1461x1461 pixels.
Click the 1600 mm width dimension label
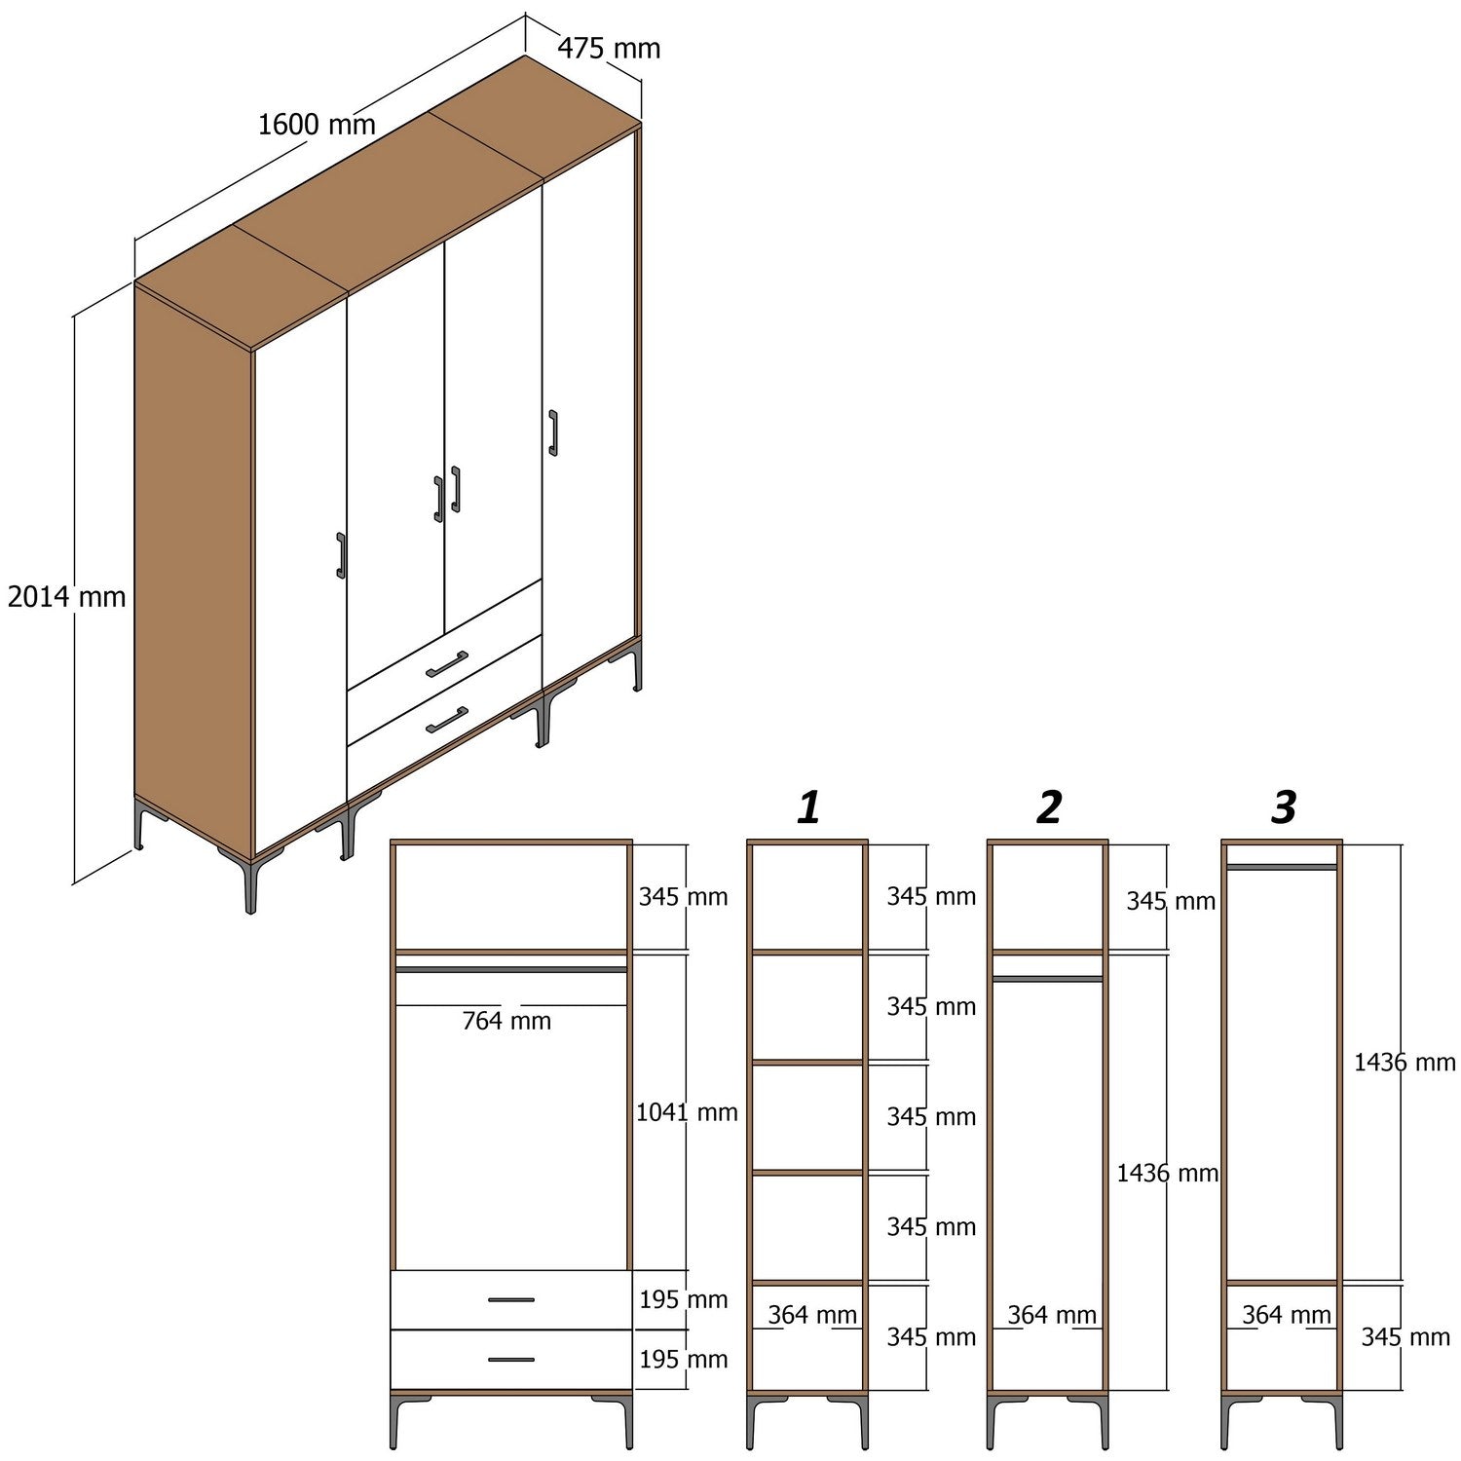pyautogui.click(x=317, y=125)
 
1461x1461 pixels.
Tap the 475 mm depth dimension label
pyautogui.click(x=609, y=48)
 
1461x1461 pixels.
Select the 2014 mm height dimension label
pyautogui.click(x=66, y=596)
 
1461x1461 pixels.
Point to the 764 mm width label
pyautogui.click(x=506, y=1021)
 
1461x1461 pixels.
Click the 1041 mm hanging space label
pyautogui.click(x=687, y=1112)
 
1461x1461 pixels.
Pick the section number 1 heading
pyautogui.click(x=808, y=807)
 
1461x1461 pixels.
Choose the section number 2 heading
pyautogui.click(x=1049, y=807)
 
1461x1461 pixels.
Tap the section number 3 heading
pyautogui.click(x=1284, y=807)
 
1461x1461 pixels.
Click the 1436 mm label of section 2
pyautogui.click(x=1167, y=1173)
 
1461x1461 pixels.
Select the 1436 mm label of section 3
pyautogui.click(x=1404, y=1062)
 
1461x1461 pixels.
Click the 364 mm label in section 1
pyautogui.click(x=811, y=1315)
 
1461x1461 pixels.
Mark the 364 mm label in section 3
pyautogui.click(x=1286, y=1315)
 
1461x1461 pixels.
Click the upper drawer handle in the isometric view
pyautogui.click(x=447, y=663)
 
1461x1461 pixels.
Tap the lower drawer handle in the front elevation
pyautogui.click(x=511, y=1360)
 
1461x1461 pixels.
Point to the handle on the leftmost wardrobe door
pyautogui.click(x=341, y=555)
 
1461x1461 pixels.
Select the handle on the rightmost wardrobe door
pyautogui.click(x=553, y=432)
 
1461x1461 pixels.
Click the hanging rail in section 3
pyautogui.click(x=1282, y=866)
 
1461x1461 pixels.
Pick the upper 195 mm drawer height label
pyautogui.click(x=683, y=1299)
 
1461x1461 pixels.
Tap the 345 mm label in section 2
pyautogui.click(x=1171, y=901)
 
